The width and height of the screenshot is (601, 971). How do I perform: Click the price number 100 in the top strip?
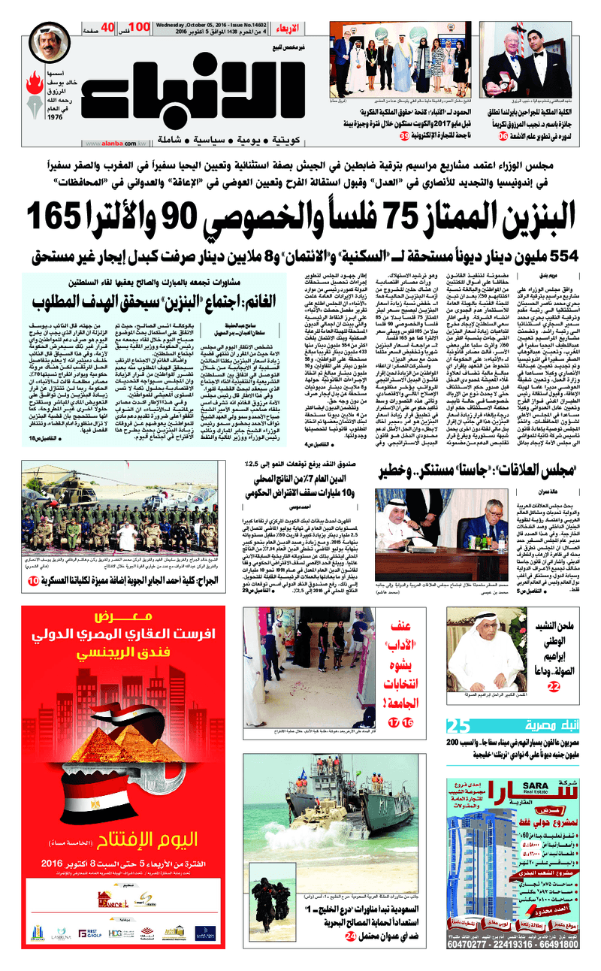[x=140, y=27]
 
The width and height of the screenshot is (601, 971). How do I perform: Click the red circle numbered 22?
[x=553, y=686]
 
